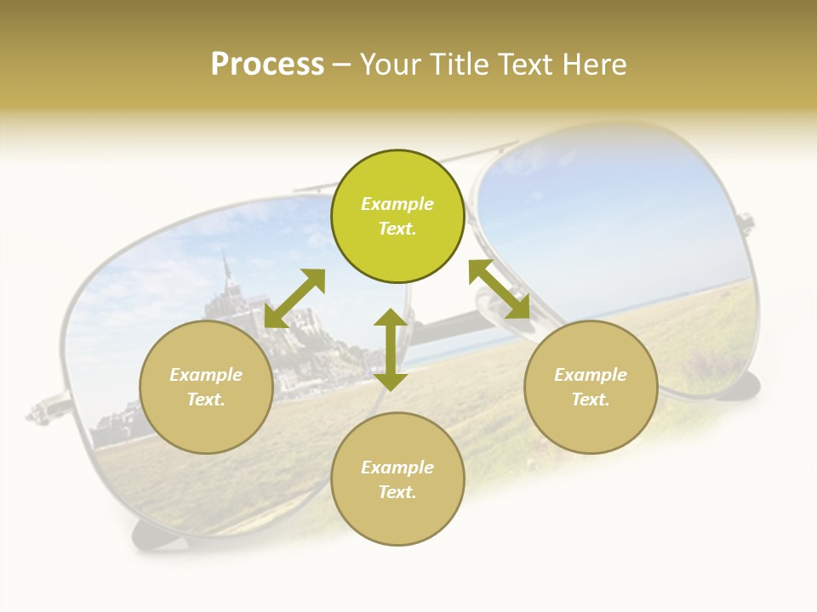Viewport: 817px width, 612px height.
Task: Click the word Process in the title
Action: [267, 65]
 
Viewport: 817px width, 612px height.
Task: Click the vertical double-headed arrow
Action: [391, 349]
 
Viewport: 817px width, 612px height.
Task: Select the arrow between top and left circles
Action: [294, 297]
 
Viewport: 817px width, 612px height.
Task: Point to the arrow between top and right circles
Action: [500, 289]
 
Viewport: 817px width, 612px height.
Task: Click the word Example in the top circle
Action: [397, 204]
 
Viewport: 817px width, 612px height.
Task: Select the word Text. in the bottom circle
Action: [397, 492]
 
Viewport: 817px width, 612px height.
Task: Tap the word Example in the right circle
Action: [591, 375]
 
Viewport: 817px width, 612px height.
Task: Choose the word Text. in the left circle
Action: [206, 399]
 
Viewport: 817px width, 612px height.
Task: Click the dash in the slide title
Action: [342, 65]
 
